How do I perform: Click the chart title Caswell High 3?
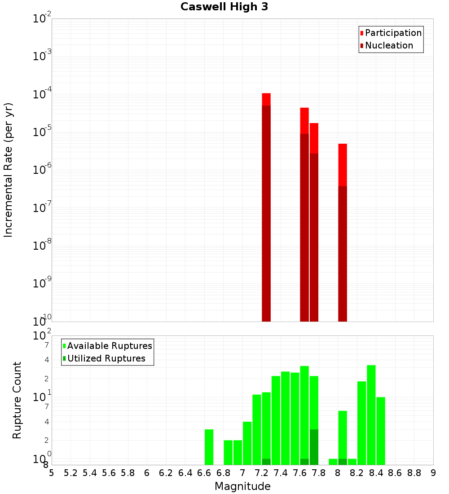point(224,7)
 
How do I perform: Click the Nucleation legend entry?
point(388,45)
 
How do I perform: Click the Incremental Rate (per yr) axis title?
point(9,170)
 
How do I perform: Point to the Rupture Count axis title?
point(17,400)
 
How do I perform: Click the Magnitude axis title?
point(242,486)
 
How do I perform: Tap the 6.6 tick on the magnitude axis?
point(204,473)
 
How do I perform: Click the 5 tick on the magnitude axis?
point(52,473)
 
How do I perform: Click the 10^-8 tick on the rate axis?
point(42,246)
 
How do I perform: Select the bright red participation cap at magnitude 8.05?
point(343,164)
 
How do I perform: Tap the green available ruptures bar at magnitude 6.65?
point(209,447)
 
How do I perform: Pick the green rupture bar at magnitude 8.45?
point(381,431)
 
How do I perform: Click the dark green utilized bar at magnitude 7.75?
point(314,447)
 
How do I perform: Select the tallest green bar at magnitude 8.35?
point(371,415)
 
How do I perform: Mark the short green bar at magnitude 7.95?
point(333,462)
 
